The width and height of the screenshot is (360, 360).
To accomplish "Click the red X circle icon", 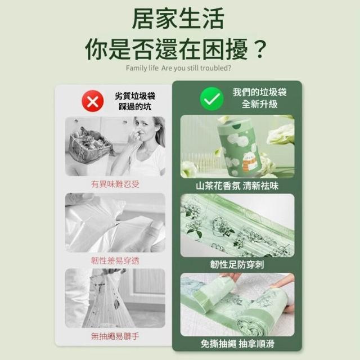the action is (x=93, y=101).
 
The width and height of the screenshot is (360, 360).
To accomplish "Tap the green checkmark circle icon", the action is (x=211, y=99).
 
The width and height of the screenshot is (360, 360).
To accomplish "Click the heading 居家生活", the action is (x=178, y=19).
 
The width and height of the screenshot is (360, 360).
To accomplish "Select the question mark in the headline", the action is (x=260, y=49).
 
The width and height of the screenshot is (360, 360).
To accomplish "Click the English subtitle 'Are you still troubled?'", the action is (x=196, y=68).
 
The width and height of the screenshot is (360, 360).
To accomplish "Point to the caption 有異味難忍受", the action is (x=115, y=184).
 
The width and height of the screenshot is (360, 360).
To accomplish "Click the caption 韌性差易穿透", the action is (x=115, y=260).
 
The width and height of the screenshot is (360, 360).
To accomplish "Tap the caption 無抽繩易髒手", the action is (x=115, y=336).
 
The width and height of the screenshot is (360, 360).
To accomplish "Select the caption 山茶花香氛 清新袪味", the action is (x=237, y=186).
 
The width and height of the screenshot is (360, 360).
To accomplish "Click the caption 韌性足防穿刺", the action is (x=237, y=264).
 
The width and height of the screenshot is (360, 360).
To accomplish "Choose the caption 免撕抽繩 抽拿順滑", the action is (x=237, y=344).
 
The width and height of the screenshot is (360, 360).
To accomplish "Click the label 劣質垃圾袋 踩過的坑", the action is (x=135, y=101).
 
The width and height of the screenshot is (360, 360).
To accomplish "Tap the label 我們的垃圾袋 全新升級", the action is (x=260, y=98).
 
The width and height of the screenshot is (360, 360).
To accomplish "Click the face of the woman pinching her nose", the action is (x=143, y=130).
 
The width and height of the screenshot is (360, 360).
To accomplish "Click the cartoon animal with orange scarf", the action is (x=249, y=163).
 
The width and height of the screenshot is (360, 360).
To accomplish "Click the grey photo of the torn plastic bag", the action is (x=115, y=223).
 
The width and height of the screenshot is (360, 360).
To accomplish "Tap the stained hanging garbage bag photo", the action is (x=115, y=298).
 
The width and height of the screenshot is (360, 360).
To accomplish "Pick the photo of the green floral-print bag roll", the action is (x=237, y=226).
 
